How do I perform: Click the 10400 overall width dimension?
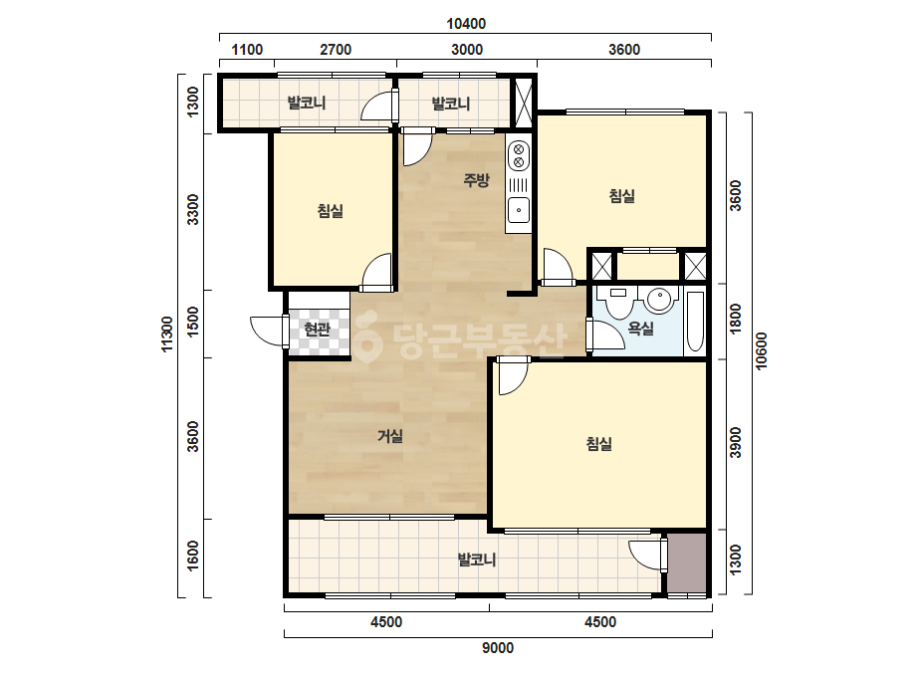466,24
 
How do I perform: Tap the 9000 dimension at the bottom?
498,648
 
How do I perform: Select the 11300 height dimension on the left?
167,335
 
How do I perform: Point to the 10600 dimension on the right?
761,351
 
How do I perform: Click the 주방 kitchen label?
476,179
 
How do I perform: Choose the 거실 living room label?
389,436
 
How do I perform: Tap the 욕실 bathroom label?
640,329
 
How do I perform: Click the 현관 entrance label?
317,330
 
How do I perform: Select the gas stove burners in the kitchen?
518,155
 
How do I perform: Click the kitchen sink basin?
519,210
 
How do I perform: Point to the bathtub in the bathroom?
695,322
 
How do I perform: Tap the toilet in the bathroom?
618,302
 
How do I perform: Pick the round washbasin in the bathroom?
659,300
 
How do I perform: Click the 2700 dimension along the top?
336,49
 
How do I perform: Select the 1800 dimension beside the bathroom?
735,319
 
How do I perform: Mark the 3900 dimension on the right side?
735,443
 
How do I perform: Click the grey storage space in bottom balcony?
687,562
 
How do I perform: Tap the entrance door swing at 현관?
268,332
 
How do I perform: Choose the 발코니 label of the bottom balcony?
477,560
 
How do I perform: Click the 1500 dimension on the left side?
193,322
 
